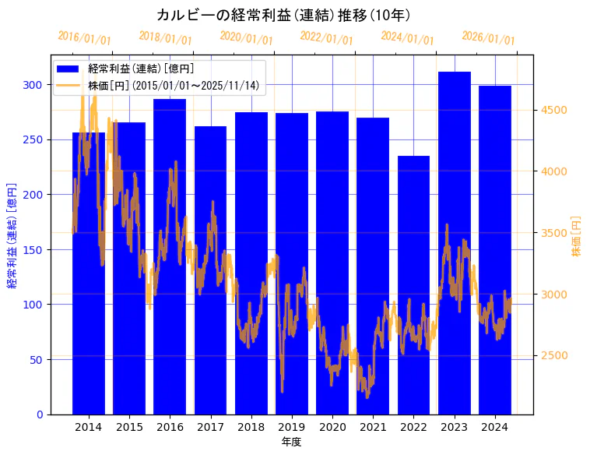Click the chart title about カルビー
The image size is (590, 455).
pyautogui.click(x=283, y=15)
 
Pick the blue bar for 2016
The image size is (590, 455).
pyautogui.click(x=170, y=256)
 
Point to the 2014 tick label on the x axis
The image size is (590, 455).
pyautogui.click(x=89, y=427)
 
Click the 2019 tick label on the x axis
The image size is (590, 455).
pyautogui.click(x=292, y=427)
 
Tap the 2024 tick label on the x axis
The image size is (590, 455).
pyautogui.click(x=495, y=427)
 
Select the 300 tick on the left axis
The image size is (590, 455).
pyautogui.click(x=37, y=84)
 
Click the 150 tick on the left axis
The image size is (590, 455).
pyautogui.click(x=37, y=249)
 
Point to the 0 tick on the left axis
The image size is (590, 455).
pyautogui.click(x=41, y=414)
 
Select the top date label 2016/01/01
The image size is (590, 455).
pyautogui.click(x=84, y=38)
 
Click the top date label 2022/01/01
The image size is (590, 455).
pyautogui.click(x=326, y=38)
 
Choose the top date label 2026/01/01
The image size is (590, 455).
pyautogui.click(x=488, y=38)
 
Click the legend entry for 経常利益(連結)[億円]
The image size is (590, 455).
pyautogui.click(x=140, y=69)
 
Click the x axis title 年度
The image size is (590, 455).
pyautogui.click(x=291, y=442)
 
